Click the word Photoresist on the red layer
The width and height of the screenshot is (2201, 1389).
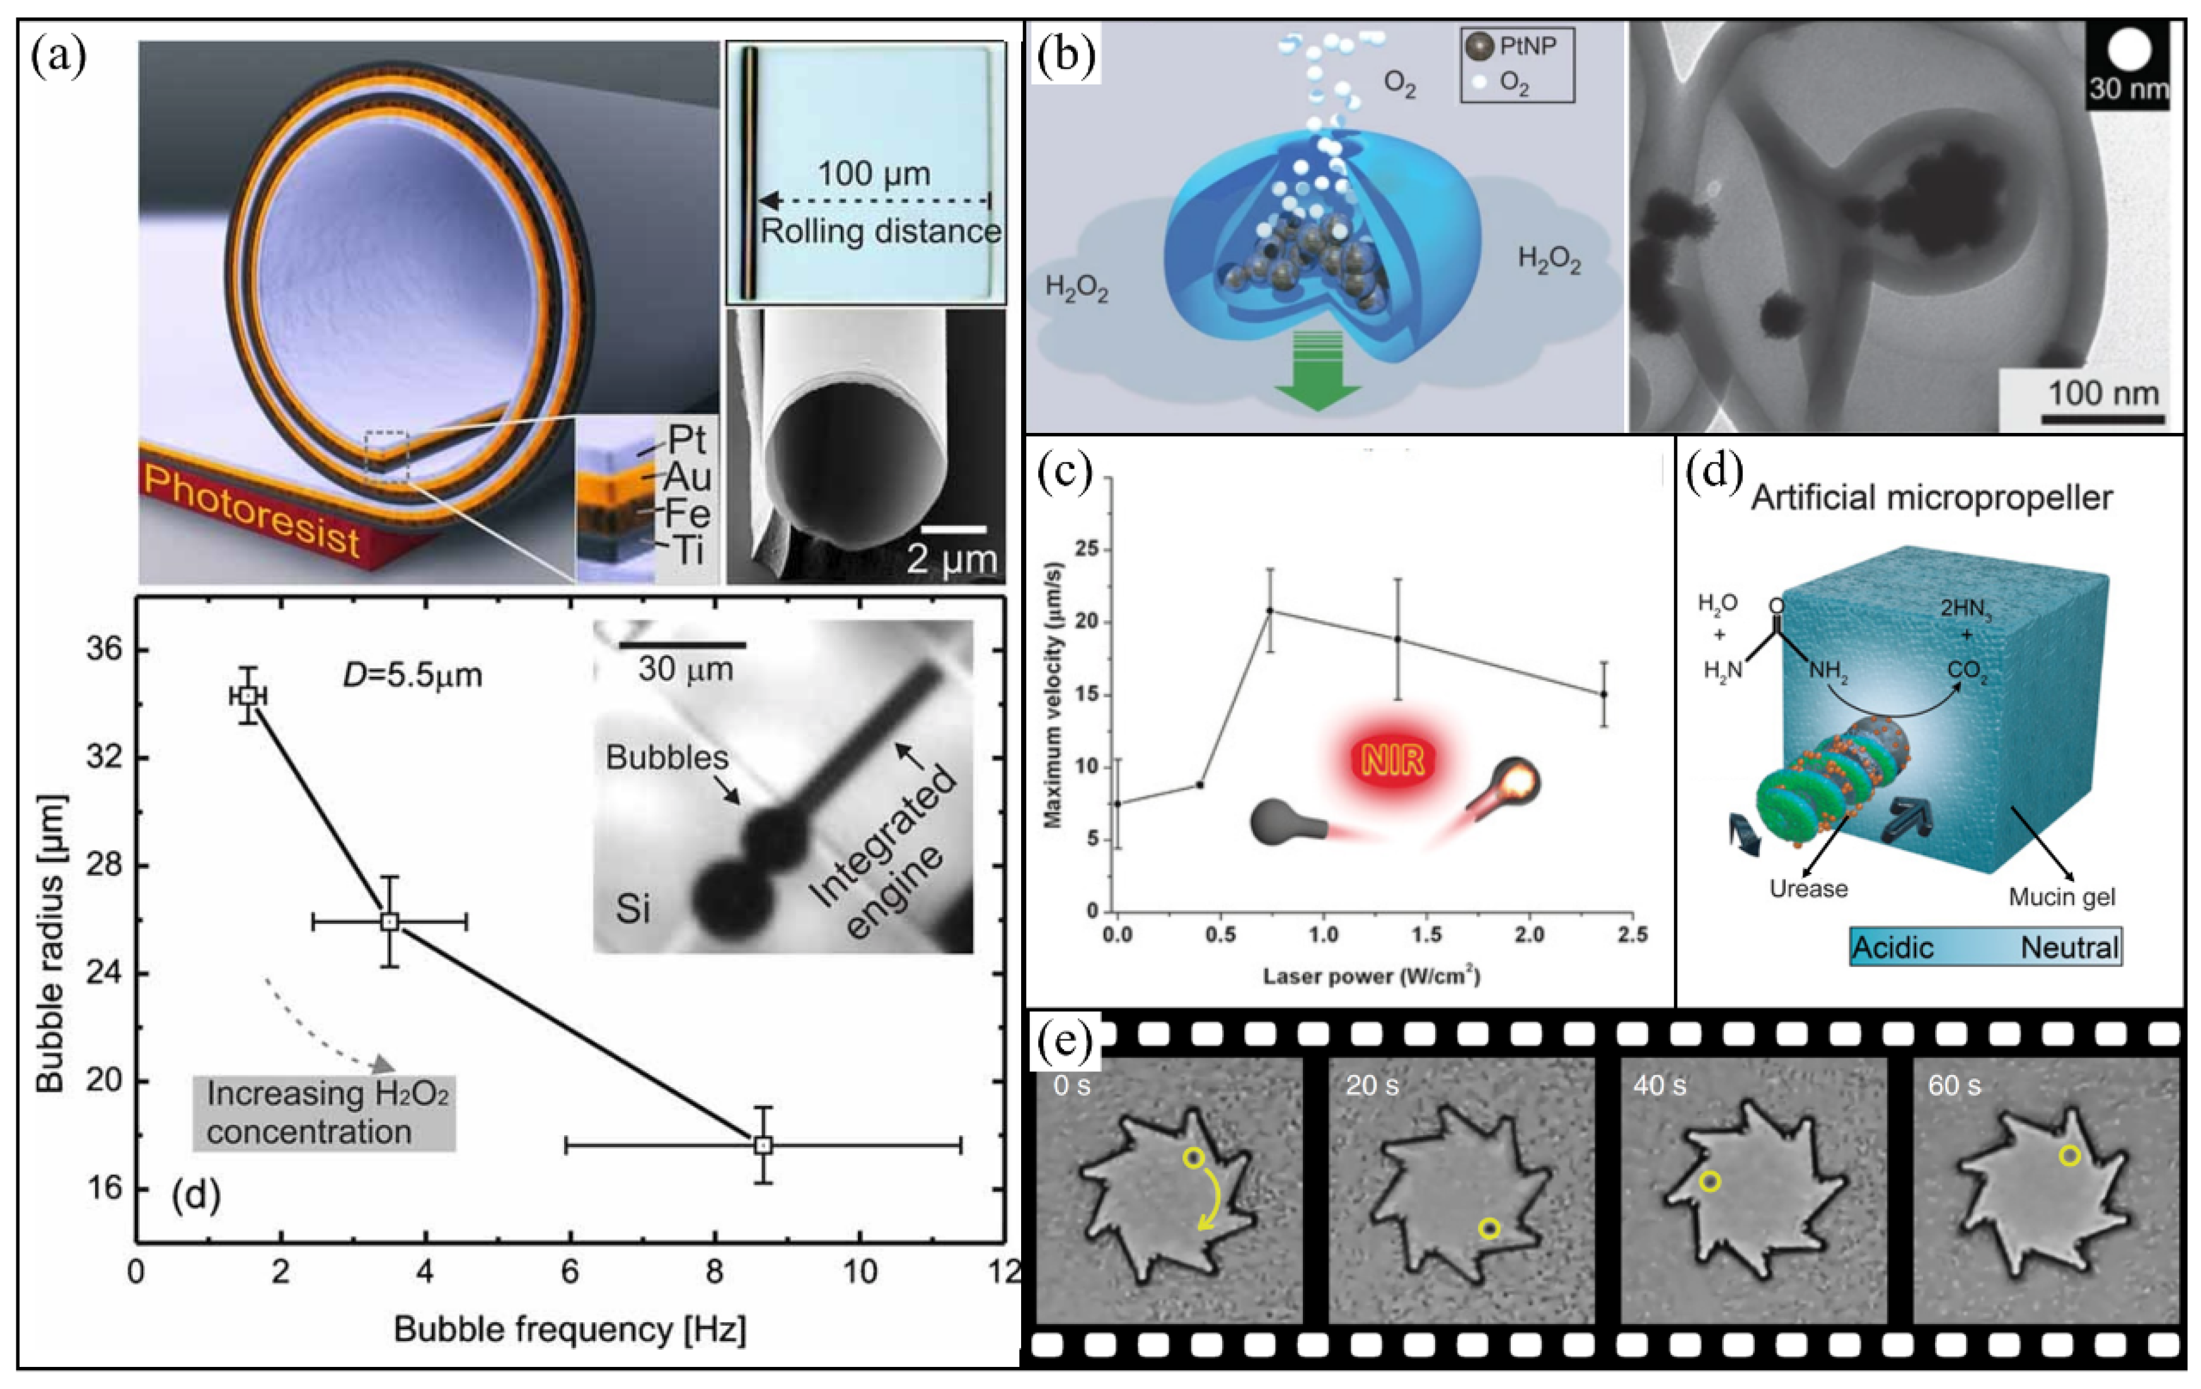(x=251, y=512)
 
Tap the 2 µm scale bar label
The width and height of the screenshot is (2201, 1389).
(x=950, y=559)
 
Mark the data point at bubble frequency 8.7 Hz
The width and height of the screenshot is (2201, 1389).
(x=763, y=1145)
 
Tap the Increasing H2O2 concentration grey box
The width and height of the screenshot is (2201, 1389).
(x=325, y=1112)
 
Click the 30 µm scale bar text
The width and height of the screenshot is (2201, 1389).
(x=686, y=670)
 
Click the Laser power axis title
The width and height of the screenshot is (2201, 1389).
(x=1371, y=976)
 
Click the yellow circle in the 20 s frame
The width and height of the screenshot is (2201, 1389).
(x=1489, y=1229)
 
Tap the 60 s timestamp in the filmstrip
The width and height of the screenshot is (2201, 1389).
(x=1954, y=1086)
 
